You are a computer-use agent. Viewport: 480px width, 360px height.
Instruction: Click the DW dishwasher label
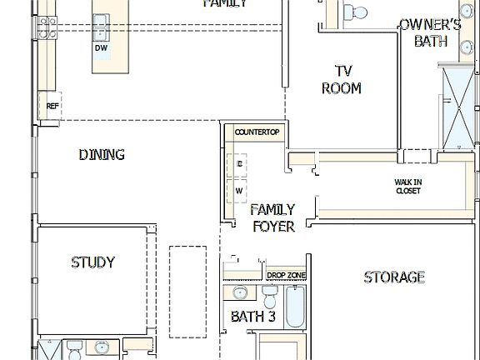point(101,48)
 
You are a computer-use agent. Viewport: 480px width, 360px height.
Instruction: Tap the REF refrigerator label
point(52,106)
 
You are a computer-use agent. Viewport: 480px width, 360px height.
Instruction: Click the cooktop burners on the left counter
point(47,27)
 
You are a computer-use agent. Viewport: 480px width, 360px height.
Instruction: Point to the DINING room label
point(102,154)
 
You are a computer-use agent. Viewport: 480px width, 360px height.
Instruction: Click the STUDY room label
point(92,262)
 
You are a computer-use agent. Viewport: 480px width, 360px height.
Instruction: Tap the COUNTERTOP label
point(256,132)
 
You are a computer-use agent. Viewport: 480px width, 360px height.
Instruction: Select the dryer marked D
point(239,165)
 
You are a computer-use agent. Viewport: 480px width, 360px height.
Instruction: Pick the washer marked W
point(239,191)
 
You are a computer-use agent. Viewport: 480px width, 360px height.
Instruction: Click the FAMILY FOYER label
point(272,217)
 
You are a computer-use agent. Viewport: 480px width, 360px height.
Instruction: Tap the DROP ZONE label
point(286,275)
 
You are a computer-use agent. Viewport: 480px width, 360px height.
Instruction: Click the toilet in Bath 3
point(269,297)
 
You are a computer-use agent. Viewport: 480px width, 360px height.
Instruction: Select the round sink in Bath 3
point(240,293)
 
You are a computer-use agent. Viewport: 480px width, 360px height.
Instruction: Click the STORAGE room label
point(394,277)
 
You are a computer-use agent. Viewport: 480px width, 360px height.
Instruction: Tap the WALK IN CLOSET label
point(407,187)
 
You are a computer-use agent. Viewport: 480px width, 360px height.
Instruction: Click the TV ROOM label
point(342,79)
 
